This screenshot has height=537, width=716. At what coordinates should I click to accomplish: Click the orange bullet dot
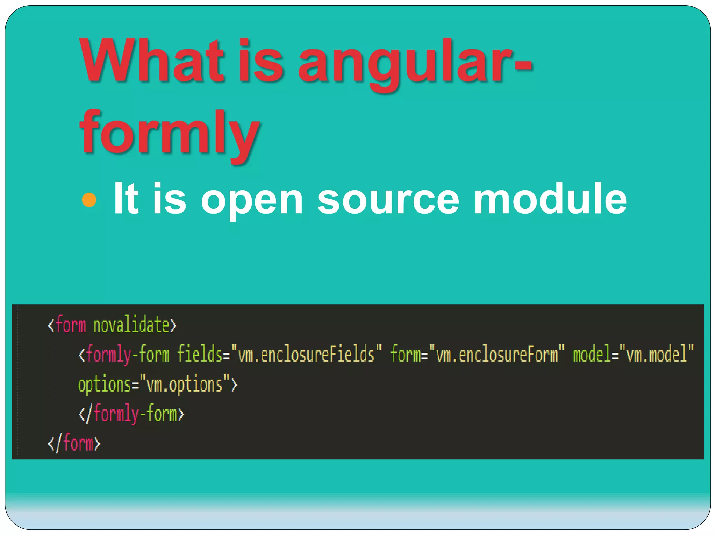[89, 200]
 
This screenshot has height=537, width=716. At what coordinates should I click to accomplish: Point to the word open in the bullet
[252, 200]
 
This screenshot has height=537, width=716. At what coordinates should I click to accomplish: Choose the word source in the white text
[388, 200]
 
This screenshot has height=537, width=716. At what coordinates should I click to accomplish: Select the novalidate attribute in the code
[131, 325]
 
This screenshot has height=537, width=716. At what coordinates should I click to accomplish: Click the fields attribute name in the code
[200, 354]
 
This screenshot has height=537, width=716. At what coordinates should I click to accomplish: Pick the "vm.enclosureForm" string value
[497, 354]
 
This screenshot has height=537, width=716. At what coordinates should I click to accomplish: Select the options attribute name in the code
[104, 385]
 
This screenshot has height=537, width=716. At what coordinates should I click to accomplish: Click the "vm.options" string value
[185, 385]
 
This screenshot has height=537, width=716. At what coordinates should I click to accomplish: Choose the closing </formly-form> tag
[131, 414]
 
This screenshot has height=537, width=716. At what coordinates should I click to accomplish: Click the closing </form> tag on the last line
[74, 443]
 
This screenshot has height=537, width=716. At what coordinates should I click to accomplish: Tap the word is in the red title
[260, 61]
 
